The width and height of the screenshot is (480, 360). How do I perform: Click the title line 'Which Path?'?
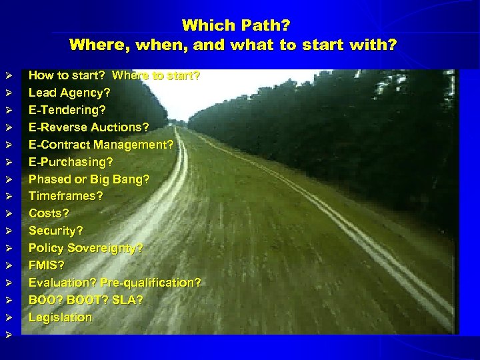pyautogui.click(x=236, y=25)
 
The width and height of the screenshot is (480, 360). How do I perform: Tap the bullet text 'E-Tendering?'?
pyautogui.click(x=67, y=110)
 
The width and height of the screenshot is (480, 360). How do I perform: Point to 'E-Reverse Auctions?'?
pyautogui.click(x=89, y=127)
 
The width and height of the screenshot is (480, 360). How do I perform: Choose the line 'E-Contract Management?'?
pyautogui.click(x=101, y=145)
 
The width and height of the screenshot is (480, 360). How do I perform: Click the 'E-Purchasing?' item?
pyautogui.click(x=71, y=162)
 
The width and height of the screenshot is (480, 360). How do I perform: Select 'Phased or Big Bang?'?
pyautogui.click(x=89, y=179)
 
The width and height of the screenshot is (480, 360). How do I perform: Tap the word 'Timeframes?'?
pyautogui.click(x=65, y=196)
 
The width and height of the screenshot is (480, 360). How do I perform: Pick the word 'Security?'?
pyautogui.click(x=56, y=231)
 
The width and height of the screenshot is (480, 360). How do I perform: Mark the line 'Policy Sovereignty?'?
pyautogui.click(x=85, y=248)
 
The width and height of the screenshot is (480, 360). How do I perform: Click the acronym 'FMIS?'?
pyautogui.click(x=47, y=265)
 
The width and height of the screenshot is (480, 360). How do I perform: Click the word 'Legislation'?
pyautogui.click(x=60, y=317)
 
